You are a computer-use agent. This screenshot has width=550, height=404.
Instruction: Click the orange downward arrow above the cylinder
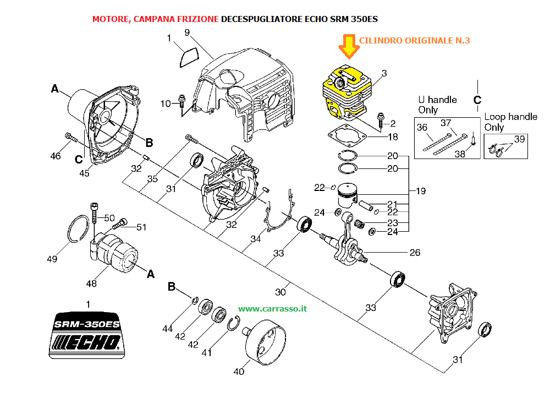click(x=348, y=46)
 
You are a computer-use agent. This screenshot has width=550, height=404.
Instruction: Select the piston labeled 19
click(x=347, y=195)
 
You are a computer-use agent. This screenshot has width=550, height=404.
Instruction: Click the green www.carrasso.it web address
click(x=273, y=309)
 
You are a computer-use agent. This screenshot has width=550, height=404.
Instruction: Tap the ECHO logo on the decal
click(x=86, y=343)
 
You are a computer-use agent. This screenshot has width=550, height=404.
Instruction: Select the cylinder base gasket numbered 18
click(x=346, y=136)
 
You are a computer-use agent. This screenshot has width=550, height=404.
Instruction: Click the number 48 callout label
click(x=91, y=283)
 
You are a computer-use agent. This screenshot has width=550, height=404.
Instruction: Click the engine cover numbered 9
click(x=245, y=93)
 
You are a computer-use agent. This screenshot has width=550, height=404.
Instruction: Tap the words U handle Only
click(x=437, y=105)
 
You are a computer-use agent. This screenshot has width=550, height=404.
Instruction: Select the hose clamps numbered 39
click(x=496, y=151)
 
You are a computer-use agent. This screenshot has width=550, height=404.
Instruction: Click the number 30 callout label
click(x=280, y=292)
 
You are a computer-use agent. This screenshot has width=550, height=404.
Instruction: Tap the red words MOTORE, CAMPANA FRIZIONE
click(x=156, y=19)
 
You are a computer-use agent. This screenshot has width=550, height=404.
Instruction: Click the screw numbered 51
click(x=119, y=223)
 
